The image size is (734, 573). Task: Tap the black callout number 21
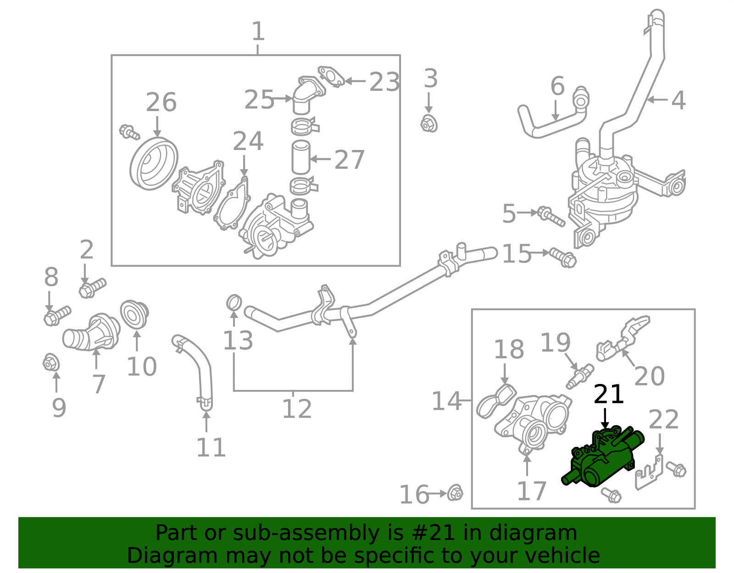609,395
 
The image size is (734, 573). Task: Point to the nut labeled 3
429,123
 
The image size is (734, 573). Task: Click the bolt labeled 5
551,216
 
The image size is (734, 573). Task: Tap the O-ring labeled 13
234,302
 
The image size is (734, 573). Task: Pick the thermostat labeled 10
134,314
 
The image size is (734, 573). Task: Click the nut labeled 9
51,363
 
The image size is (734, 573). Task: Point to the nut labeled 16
455,493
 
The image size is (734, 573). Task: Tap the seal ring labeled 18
496,401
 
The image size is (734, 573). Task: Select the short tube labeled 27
301,157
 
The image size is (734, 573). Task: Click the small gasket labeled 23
331,77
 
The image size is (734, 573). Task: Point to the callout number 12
296,409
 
